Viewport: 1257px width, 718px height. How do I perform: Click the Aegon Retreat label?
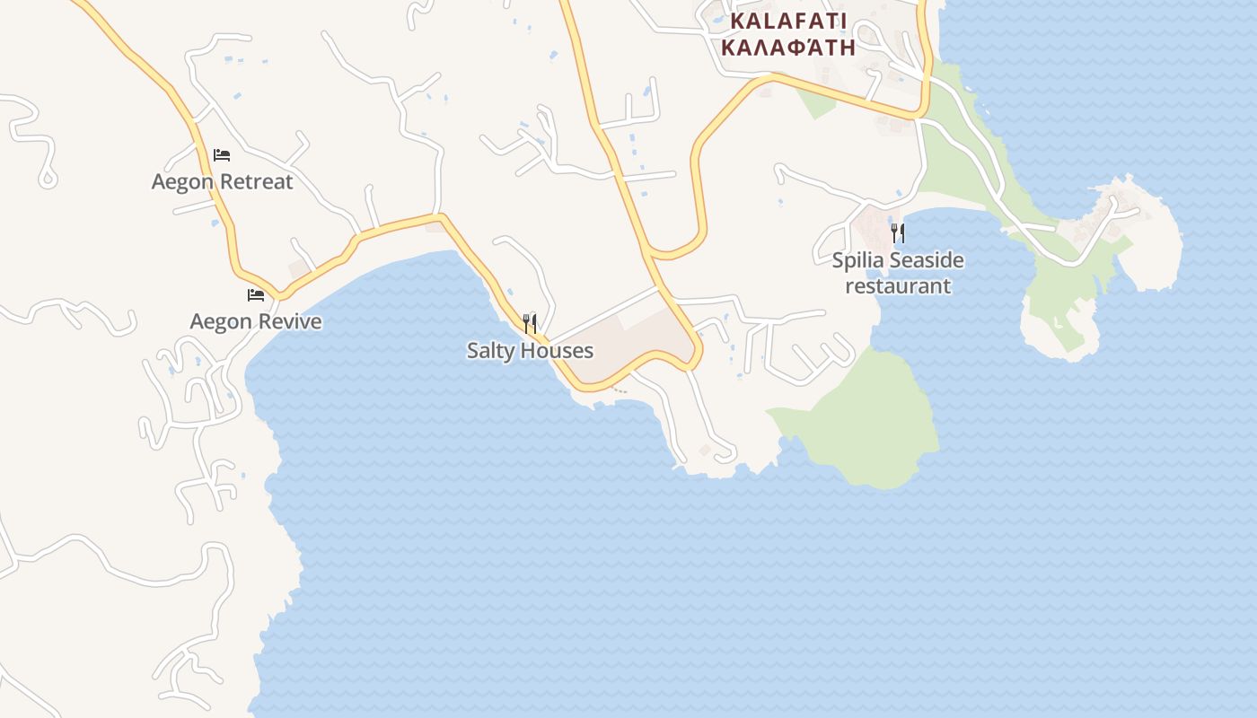pos(222,182)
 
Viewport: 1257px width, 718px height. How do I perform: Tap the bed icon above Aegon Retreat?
pos(222,155)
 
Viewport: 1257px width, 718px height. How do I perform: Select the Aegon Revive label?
pos(256,321)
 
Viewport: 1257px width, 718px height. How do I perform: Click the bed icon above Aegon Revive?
pos(256,294)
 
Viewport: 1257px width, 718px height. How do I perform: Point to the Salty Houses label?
pos(530,350)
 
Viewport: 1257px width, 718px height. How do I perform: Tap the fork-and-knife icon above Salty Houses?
pos(531,323)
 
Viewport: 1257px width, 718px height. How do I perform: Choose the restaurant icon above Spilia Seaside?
pos(898,233)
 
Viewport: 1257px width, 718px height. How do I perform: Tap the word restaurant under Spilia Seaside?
pos(898,286)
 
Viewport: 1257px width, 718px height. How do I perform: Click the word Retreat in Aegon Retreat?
pos(257,182)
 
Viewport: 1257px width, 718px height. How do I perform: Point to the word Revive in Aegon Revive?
pos(289,321)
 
